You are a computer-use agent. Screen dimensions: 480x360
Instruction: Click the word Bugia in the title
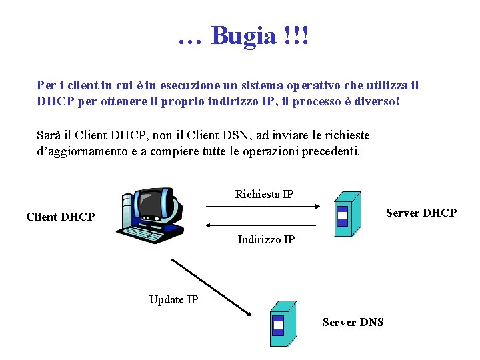(x=243, y=35)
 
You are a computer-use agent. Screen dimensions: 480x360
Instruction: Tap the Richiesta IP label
(x=264, y=194)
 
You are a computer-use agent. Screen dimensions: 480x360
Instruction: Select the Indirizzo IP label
(x=266, y=239)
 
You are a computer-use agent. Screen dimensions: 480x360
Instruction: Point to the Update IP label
(x=173, y=299)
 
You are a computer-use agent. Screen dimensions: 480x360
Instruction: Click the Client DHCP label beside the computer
(x=60, y=217)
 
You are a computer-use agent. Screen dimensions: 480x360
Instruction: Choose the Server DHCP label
(x=421, y=213)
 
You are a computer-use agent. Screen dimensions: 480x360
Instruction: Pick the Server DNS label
(x=353, y=322)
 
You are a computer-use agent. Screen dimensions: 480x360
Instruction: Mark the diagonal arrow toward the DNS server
(x=210, y=287)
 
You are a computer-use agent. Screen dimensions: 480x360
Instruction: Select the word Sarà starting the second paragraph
(x=50, y=135)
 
